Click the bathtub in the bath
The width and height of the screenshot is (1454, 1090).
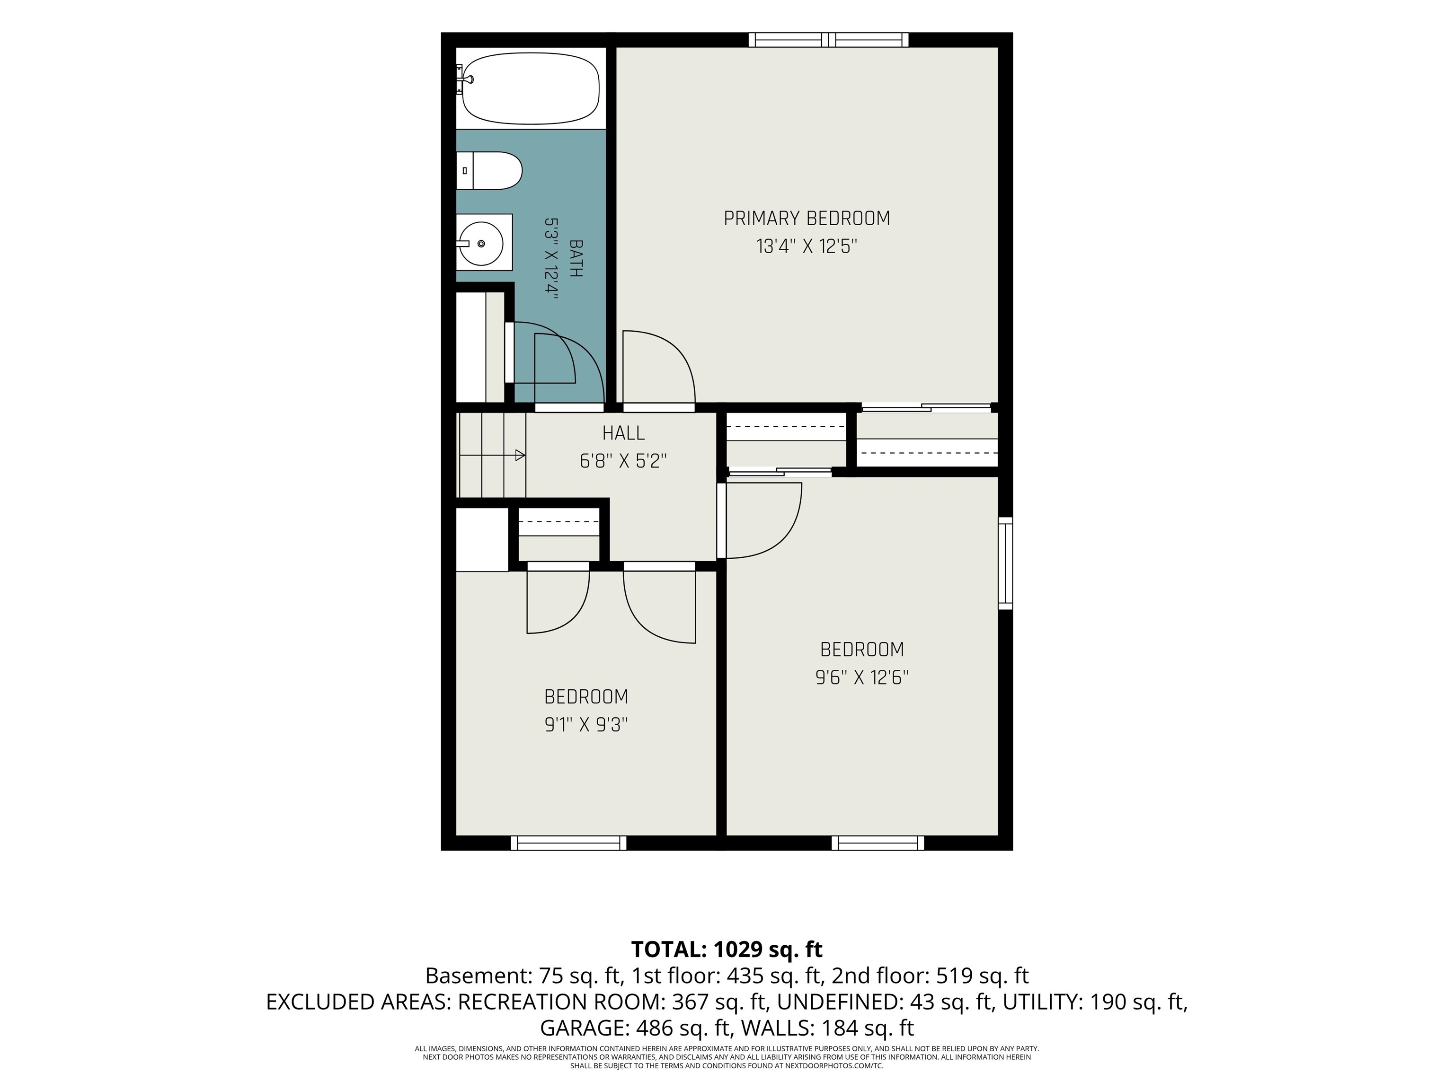(x=531, y=88)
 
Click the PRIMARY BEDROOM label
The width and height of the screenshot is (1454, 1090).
(x=807, y=218)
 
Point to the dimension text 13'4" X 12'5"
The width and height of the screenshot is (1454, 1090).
(x=807, y=246)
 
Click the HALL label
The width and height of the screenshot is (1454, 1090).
(x=623, y=433)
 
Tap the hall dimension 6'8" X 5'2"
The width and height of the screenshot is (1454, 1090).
(x=623, y=461)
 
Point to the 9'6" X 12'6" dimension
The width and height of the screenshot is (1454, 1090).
(x=862, y=677)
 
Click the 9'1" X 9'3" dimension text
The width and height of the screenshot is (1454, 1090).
(x=585, y=725)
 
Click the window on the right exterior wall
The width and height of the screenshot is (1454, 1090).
(x=1005, y=563)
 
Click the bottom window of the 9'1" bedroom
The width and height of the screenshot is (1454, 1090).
(x=568, y=843)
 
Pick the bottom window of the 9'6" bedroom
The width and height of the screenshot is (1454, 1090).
(x=878, y=843)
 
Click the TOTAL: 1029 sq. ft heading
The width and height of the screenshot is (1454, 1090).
(x=727, y=949)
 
